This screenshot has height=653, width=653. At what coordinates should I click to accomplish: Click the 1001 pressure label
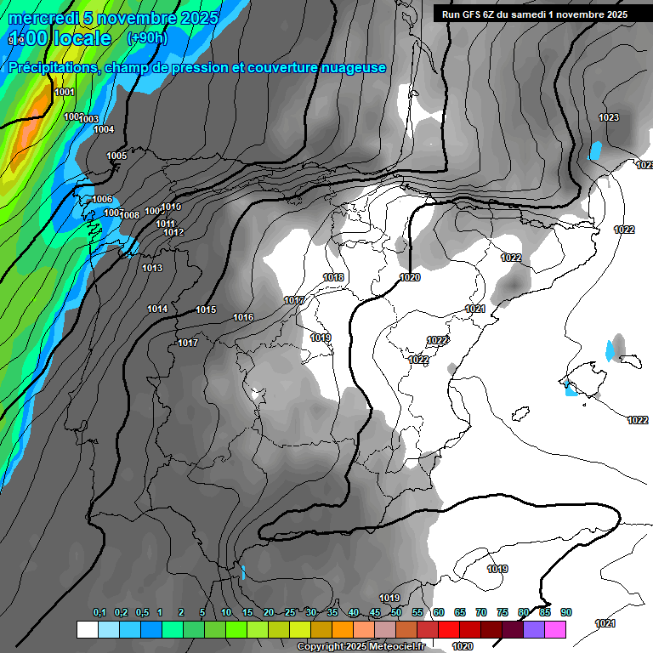[64, 93]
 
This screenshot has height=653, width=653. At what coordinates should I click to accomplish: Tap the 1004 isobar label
[104, 130]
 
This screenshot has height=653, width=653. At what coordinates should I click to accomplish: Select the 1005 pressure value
[116, 156]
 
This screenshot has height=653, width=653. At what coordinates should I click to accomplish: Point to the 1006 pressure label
[102, 200]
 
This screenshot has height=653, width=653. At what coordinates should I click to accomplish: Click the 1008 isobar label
[129, 216]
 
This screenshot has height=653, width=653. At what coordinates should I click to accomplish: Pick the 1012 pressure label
[173, 233]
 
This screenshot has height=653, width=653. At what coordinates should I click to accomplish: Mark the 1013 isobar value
[152, 269]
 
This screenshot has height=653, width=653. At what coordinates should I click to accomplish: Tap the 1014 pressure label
[157, 309]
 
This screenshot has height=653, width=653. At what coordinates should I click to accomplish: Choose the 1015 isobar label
[206, 310]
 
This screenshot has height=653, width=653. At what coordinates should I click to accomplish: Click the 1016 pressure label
[243, 318]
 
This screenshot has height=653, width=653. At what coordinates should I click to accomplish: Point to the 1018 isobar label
[333, 278]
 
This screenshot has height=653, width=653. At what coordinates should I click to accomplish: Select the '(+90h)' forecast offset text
[147, 38]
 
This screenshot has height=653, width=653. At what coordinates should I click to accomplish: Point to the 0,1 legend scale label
[99, 613]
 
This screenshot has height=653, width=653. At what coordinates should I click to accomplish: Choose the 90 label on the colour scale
[566, 613]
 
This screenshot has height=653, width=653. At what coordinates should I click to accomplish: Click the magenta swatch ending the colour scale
[555, 629]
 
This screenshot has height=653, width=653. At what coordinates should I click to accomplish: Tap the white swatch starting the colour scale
[87, 629]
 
